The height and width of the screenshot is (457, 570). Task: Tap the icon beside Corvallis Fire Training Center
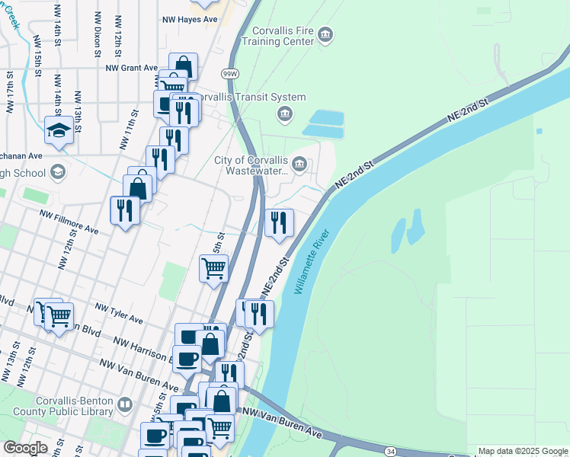[x=325, y=35]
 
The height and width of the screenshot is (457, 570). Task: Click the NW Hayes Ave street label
[x=196, y=18]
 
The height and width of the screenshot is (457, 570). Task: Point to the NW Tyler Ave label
[x=119, y=312]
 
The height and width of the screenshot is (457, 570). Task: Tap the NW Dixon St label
[x=98, y=34]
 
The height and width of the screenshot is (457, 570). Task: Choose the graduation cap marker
[x=59, y=131]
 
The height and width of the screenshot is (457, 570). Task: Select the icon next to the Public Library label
[x=125, y=404]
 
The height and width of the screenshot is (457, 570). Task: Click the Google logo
[x=25, y=449]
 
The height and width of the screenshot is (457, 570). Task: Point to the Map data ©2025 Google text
[x=522, y=451]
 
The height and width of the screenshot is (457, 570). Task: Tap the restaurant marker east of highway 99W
[x=279, y=222]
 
